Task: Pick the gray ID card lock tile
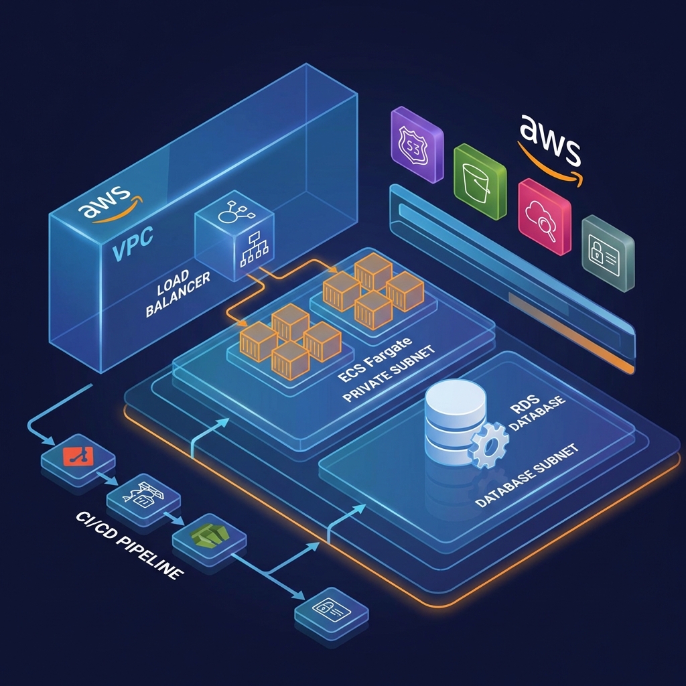(x=608, y=253)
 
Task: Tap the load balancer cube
(x=234, y=238)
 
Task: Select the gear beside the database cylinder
(x=491, y=444)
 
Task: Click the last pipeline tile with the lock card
(x=332, y=608)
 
